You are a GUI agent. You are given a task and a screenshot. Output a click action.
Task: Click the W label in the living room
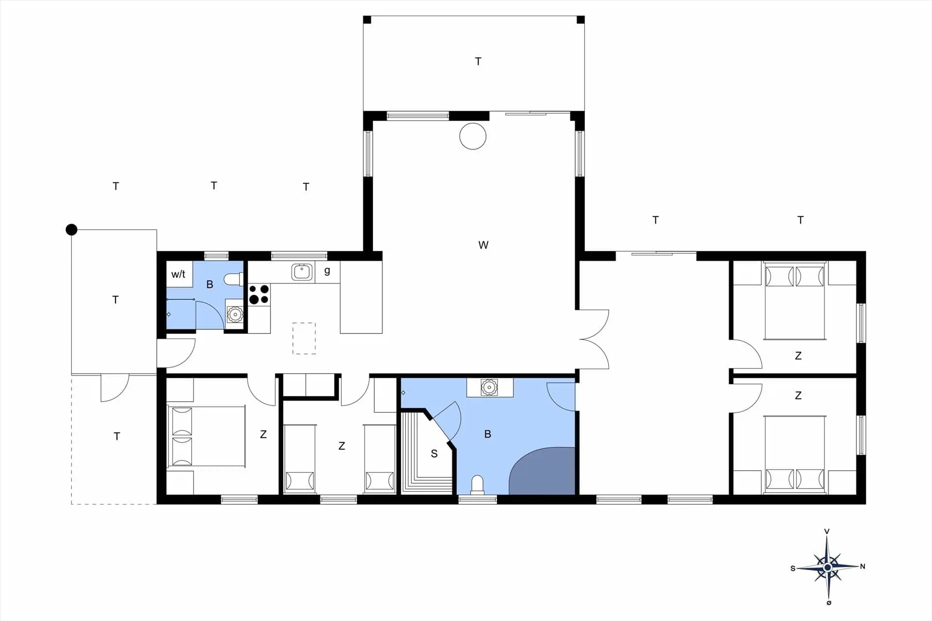click(483, 245)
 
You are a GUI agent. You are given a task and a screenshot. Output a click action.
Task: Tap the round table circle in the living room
click(473, 136)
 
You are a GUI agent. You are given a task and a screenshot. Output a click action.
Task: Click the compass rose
click(828, 567)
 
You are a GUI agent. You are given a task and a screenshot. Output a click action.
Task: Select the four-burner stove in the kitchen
click(259, 294)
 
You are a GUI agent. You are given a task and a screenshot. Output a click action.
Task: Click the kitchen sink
click(302, 272)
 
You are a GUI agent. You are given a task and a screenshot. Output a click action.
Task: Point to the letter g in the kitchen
click(327, 271)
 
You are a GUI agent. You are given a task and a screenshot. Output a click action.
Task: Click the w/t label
click(178, 274)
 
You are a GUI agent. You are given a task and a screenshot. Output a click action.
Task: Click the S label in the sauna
click(434, 454)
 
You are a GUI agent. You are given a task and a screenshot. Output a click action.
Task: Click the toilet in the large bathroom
click(478, 485)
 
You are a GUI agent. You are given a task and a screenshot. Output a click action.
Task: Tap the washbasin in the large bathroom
click(489, 387)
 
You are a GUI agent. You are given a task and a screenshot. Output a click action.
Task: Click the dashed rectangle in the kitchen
click(304, 338)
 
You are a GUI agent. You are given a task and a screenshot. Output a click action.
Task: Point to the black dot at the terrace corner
click(71, 229)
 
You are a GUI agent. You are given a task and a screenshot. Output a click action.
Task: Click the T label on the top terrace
click(478, 61)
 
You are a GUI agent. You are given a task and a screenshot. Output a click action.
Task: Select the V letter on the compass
click(827, 531)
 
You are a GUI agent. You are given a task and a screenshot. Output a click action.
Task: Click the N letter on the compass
click(863, 566)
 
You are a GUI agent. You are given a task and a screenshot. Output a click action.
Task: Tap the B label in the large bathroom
click(488, 434)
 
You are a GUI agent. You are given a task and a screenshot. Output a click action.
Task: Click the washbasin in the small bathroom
click(235, 314)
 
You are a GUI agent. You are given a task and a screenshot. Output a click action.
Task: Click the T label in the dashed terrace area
click(116, 436)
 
